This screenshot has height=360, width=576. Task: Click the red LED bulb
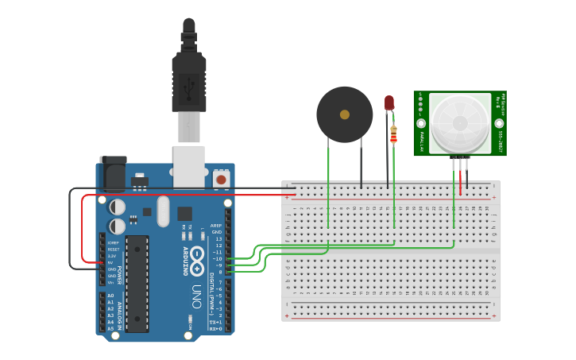(389, 103)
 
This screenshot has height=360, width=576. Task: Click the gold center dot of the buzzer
(344, 114)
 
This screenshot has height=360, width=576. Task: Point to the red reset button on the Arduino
(220, 180)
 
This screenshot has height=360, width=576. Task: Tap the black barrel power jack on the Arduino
(112, 173)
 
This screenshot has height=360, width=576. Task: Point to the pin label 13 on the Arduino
(218, 238)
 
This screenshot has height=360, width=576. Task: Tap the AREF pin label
(216, 226)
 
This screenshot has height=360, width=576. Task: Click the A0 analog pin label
(110, 296)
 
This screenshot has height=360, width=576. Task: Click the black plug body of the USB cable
(189, 79)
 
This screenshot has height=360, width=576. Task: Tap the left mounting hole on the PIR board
(420, 123)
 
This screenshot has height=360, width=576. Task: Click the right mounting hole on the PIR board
(499, 123)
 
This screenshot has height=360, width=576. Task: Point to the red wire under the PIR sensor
(459, 179)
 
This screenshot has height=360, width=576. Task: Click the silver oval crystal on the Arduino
(164, 211)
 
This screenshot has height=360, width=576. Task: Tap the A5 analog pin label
(110, 327)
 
